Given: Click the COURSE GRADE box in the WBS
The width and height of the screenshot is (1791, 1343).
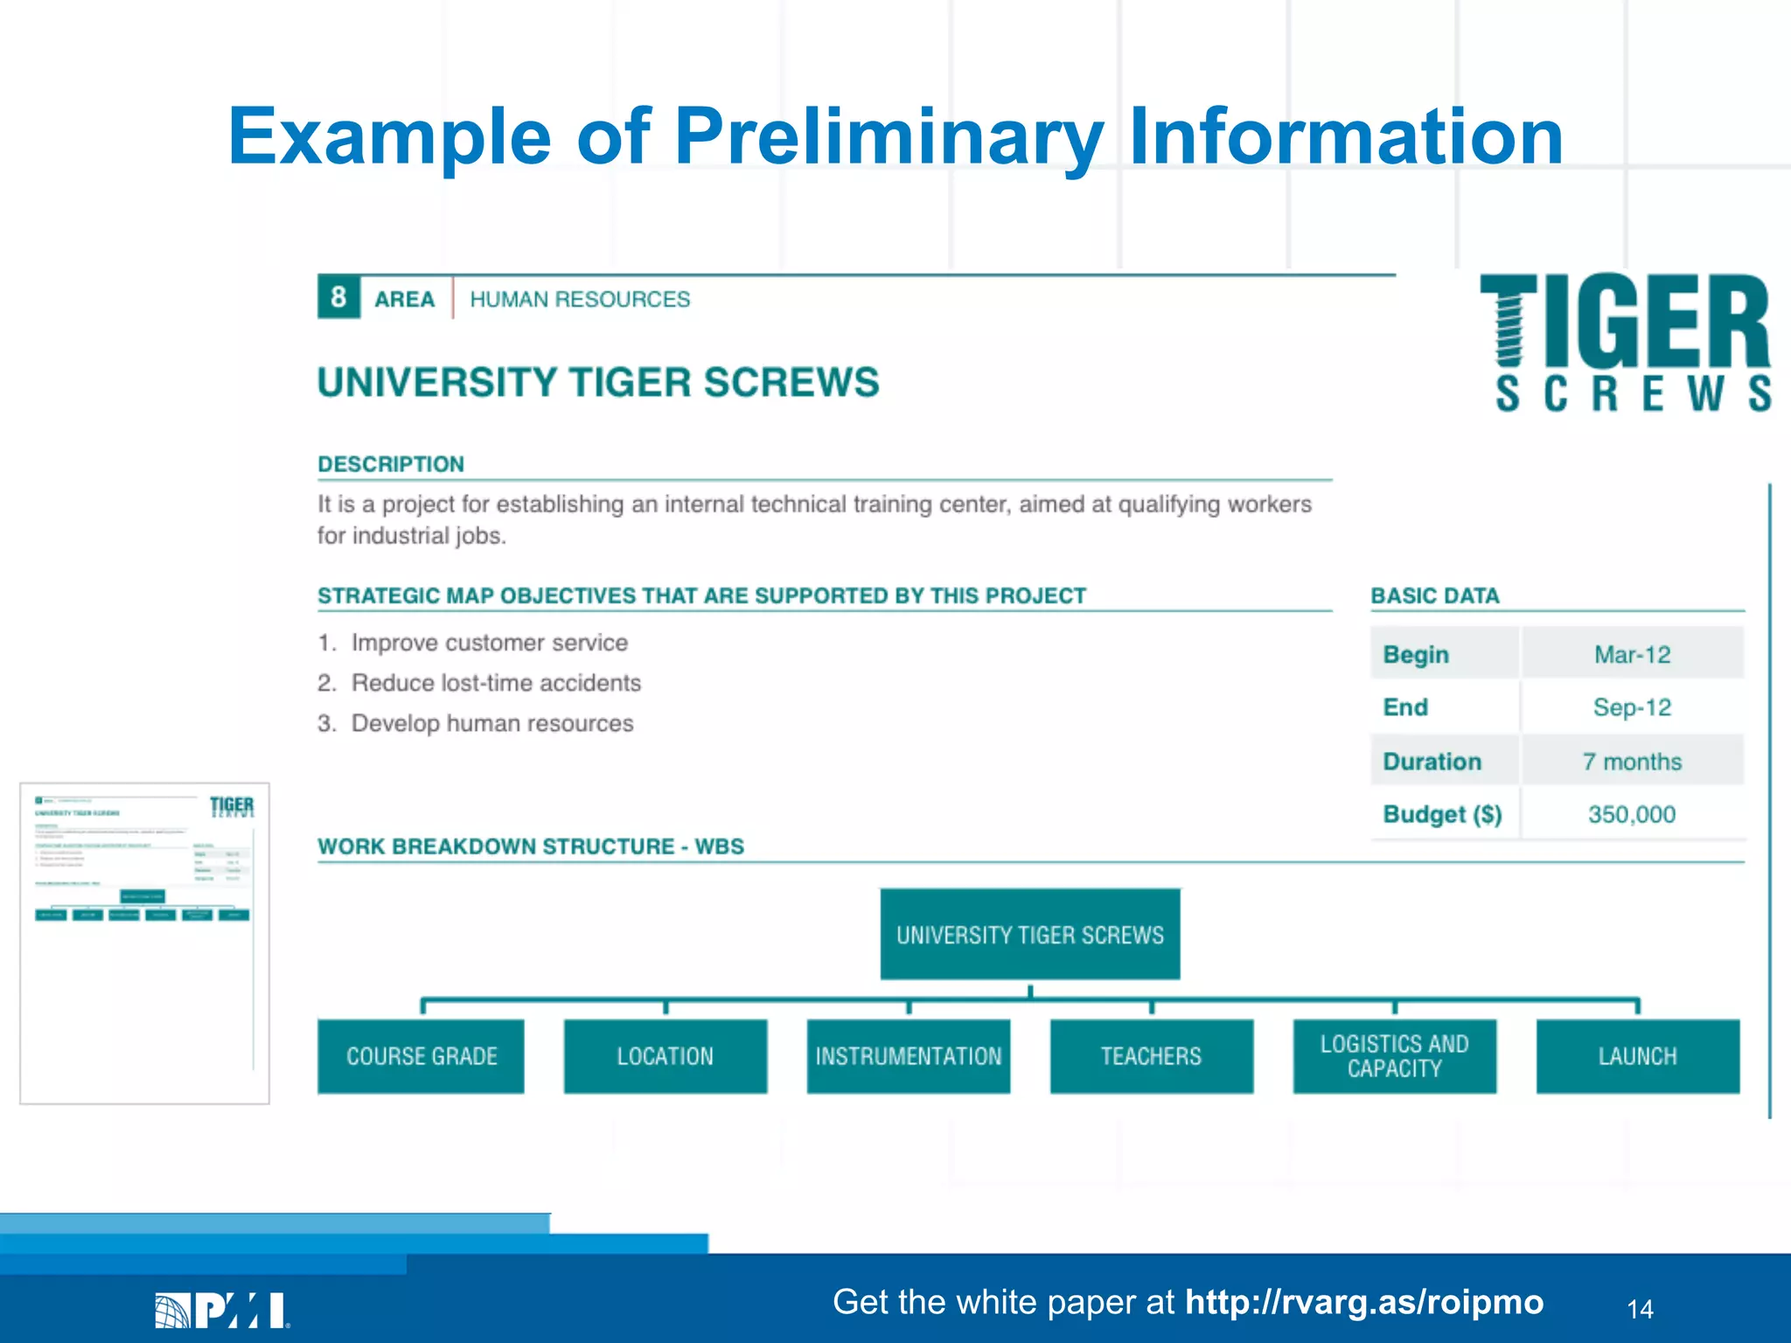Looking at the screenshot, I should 421,1056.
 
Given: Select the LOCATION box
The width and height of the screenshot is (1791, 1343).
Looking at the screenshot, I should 665,1056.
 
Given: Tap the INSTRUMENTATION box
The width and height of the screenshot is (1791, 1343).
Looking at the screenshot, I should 908,1056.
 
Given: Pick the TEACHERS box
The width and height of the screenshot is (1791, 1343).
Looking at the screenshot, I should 1151,1056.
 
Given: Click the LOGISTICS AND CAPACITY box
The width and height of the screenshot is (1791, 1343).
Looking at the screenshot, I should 1394,1056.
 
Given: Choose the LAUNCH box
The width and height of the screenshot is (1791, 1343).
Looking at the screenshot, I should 1637,1056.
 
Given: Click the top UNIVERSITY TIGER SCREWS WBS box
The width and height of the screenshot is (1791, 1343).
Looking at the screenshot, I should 1029,935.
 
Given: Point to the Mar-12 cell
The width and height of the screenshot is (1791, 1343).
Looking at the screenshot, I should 1632,654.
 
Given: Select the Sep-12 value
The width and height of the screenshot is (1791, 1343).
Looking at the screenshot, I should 1632,706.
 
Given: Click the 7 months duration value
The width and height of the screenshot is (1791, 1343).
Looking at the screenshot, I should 1632,762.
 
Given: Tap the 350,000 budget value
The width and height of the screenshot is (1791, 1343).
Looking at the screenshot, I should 1632,814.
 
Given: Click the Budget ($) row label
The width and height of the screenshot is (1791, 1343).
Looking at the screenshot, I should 1442,814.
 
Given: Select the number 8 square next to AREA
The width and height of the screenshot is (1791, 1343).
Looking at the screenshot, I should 338,297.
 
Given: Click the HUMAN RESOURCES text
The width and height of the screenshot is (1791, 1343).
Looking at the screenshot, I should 580,299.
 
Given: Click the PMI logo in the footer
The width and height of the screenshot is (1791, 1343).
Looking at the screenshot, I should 222,1310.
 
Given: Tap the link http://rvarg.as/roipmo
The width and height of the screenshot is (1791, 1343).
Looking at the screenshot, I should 1363,1302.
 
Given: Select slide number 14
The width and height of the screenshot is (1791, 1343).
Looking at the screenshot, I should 1640,1309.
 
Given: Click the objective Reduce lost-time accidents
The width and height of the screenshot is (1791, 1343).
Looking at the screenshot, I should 496,683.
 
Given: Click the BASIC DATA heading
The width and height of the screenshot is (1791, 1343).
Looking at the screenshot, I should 1434,595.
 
